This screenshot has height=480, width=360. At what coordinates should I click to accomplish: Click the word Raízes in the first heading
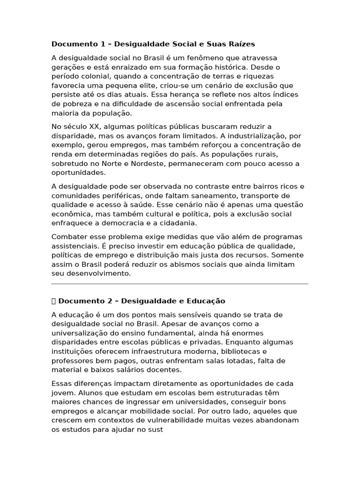(241, 44)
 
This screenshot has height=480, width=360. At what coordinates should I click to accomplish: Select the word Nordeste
(143, 164)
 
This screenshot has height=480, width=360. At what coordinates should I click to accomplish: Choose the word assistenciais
(76, 246)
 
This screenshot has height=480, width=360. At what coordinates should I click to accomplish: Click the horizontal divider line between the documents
(180, 284)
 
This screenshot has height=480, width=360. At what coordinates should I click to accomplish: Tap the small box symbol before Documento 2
(53, 301)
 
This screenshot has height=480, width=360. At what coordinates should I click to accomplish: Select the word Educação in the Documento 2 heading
(207, 301)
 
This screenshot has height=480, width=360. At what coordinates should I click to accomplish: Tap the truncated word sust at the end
(156, 429)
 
